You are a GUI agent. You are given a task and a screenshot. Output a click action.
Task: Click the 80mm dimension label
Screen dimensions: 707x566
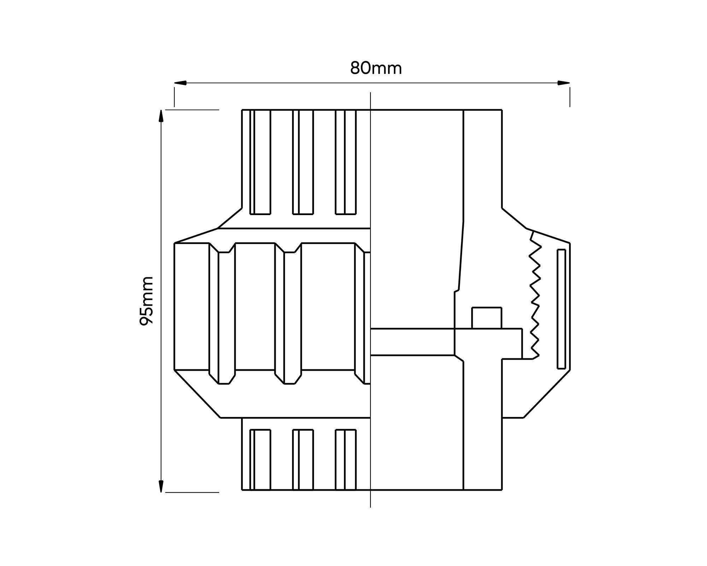[376, 68]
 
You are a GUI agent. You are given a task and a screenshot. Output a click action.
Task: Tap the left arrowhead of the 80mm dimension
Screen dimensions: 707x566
[180, 83]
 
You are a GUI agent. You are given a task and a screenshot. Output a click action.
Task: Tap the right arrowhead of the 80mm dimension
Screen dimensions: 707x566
[563, 83]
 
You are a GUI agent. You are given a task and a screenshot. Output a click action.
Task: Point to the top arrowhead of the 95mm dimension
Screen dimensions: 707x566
[161, 116]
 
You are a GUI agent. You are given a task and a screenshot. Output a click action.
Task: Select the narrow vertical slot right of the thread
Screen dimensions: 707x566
[561, 309]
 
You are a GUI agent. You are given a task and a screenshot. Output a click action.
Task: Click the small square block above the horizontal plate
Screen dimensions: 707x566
[487, 318]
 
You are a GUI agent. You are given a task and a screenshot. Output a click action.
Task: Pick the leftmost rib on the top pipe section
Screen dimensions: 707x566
[260, 162]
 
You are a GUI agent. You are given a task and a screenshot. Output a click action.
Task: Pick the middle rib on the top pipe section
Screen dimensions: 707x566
[303, 162]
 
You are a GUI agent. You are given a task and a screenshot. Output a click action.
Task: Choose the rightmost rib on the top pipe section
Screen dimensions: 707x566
[346, 162]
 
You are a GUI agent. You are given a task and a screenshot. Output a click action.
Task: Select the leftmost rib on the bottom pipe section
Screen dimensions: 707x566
[260, 460]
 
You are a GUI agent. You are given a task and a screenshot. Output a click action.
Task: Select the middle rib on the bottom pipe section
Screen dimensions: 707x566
[303, 460]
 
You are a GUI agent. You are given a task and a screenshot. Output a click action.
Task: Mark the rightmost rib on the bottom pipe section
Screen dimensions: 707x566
[346, 460]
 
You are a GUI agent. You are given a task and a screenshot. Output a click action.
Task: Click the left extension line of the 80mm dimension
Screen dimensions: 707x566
[174, 97]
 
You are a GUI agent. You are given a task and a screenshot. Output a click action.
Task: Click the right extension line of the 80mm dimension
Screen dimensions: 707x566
[570, 97]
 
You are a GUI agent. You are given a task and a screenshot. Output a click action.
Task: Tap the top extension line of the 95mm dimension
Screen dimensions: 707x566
[192, 110]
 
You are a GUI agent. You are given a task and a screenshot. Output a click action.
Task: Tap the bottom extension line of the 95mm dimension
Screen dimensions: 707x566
[192, 492]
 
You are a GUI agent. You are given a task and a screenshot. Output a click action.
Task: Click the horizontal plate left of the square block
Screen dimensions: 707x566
[412, 342]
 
